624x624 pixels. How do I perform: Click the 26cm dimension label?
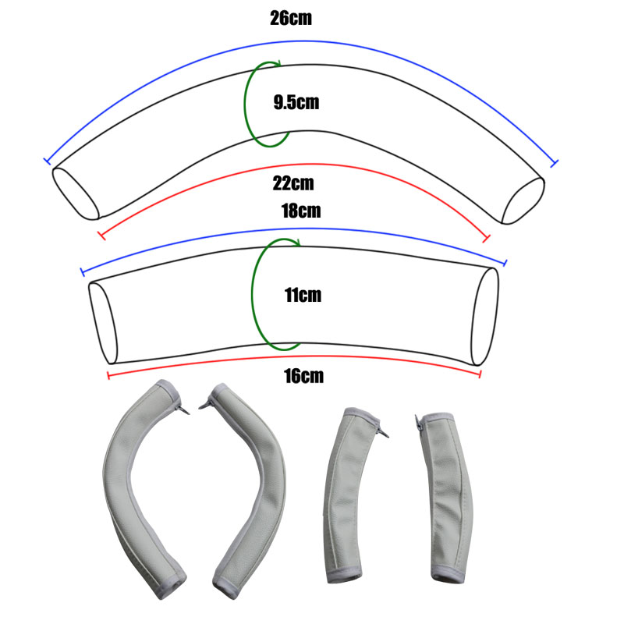point(291,18)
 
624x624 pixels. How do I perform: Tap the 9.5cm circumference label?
point(296,102)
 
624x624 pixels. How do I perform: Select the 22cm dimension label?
point(293,183)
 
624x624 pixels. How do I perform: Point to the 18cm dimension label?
point(301,211)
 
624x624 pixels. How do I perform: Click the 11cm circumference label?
point(303,295)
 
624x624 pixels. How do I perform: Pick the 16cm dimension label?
point(303,376)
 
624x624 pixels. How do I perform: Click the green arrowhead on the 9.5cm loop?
point(278,63)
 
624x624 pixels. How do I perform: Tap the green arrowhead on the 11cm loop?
point(296,242)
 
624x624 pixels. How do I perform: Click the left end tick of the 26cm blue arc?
point(47,161)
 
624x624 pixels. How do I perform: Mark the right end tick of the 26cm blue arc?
point(554,163)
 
